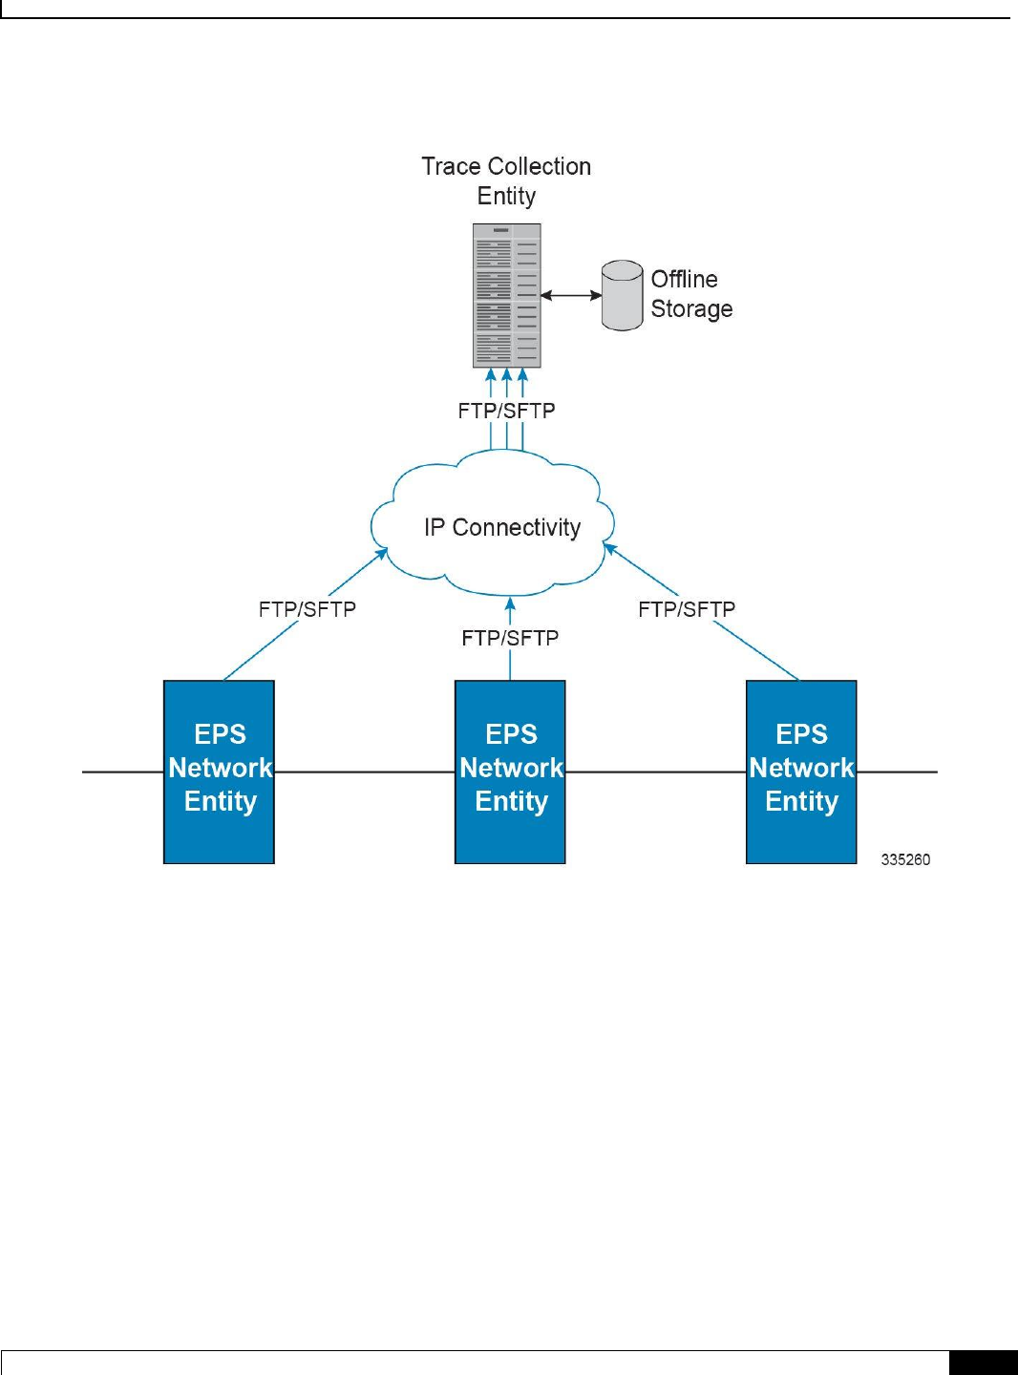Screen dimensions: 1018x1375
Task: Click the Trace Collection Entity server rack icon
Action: coord(506,296)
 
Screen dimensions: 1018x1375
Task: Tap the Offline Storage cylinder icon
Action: coord(622,295)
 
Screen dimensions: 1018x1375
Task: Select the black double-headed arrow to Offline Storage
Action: coord(571,295)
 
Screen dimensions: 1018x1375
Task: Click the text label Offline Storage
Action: coord(691,294)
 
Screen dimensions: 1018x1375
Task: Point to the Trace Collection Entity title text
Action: coord(506,180)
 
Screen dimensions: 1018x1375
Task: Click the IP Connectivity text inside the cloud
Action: coord(502,527)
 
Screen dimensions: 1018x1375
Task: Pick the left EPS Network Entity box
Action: coord(219,772)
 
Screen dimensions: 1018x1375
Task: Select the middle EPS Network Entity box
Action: coord(510,772)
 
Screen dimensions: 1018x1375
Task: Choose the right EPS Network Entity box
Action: coord(801,772)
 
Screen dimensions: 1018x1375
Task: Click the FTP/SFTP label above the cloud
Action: coord(506,411)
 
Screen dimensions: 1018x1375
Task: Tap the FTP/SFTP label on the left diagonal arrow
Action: coord(308,609)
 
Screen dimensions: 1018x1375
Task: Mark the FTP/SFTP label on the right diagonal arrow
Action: coord(687,609)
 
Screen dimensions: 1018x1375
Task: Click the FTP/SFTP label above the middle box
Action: coord(510,638)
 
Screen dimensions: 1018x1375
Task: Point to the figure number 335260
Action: coord(905,859)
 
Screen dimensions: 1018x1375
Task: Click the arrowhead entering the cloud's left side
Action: coord(382,554)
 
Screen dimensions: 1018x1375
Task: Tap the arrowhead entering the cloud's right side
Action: coord(609,549)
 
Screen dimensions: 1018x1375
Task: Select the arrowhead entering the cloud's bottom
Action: coord(510,603)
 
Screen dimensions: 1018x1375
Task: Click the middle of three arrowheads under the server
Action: coord(506,375)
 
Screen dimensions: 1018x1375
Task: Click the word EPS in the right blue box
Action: coord(801,734)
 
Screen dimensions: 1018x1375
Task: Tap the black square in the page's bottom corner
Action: coord(984,1363)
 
